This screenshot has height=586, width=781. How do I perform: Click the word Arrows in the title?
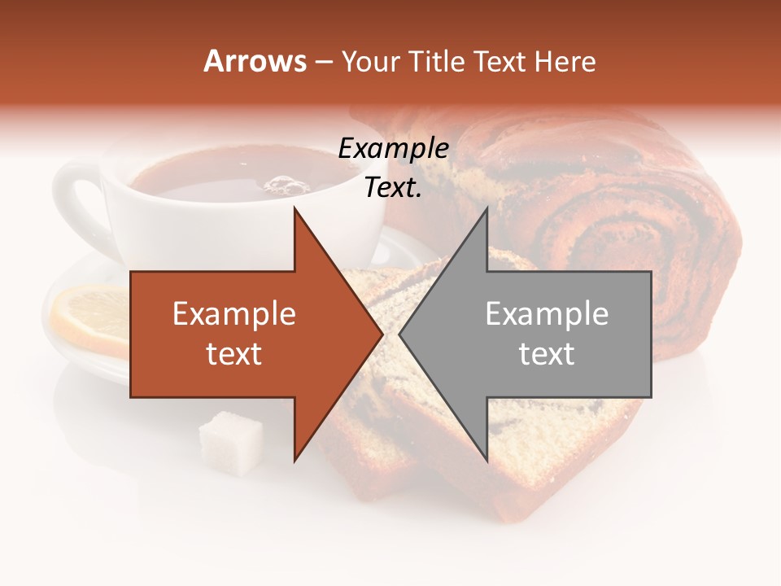tap(255, 61)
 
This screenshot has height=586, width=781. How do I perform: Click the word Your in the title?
tap(371, 62)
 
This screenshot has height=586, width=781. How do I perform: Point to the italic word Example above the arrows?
tap(393, 148)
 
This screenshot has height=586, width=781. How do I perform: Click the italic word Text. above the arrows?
tap(393, 188)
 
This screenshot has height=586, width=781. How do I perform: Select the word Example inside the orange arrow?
tap(234, 314)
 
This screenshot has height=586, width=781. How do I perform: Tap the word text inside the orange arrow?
tap(234, 354)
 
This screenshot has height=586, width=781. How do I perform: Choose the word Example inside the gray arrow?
tap(547, 314)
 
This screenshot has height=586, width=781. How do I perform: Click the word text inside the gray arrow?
tap(547, 354)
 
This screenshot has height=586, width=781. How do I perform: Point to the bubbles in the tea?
tap(285, 185)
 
